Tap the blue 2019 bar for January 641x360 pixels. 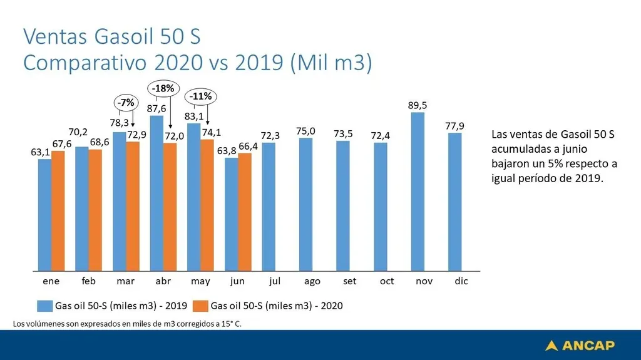44,212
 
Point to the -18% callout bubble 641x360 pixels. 162,89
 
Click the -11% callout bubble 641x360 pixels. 200,96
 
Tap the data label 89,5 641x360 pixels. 418,106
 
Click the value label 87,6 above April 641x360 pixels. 156,108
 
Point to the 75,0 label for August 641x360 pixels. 306,131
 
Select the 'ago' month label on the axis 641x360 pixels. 312,281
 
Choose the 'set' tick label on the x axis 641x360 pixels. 349,281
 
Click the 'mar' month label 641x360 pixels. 125,281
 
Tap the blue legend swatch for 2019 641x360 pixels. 44,306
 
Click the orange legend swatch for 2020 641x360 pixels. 200,306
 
